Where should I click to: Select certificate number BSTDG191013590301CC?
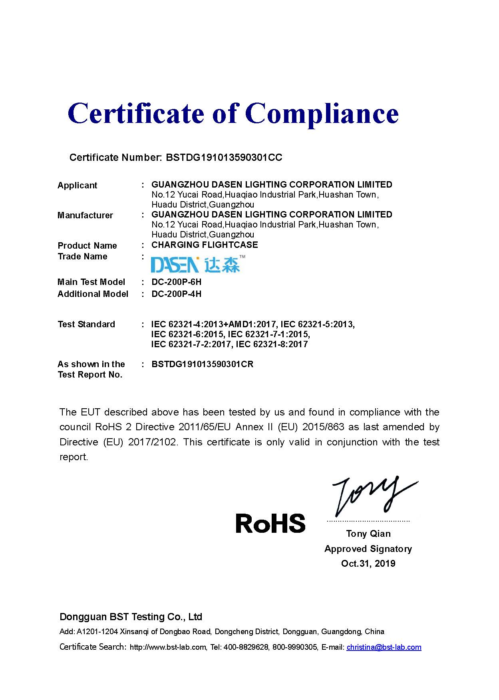(224, 158)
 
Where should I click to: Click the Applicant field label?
(78, 186)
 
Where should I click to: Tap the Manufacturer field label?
(85, 216)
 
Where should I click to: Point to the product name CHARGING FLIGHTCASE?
(205, 245)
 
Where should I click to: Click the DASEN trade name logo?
(198, 264)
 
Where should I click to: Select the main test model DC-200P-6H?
(176, 282)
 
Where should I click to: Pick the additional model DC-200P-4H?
(176, 294)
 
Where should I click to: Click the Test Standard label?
(86, 324)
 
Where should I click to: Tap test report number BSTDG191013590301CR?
(202, 364)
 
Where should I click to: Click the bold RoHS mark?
(270, 524)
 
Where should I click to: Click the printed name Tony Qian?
(368, 534)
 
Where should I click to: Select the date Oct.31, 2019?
(368, 564)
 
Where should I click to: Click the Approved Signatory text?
(368, 549)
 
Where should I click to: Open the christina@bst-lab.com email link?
(384, 647)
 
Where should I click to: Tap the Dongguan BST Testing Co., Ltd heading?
(131, 617)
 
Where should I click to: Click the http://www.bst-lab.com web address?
(168, 647)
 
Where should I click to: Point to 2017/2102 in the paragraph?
(152, 442)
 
